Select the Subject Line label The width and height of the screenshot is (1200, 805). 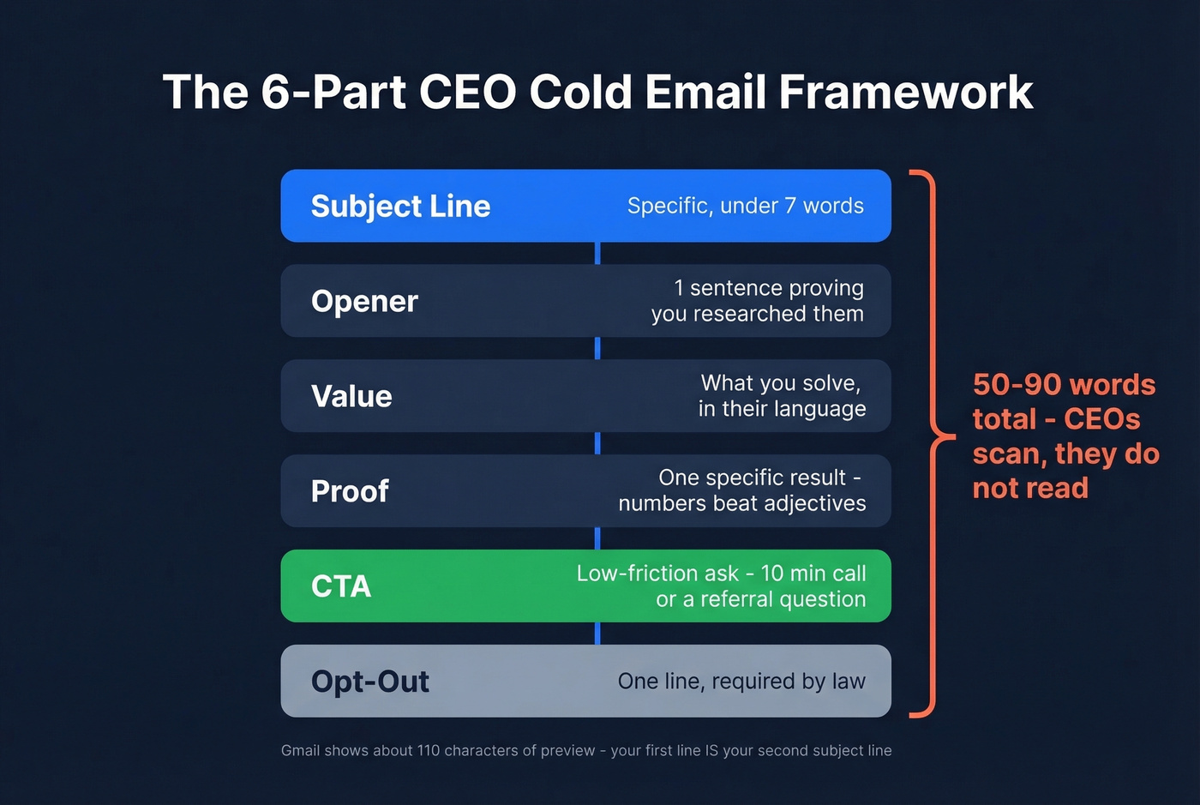(400, 207)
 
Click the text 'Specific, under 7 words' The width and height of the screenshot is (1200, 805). (745, 206)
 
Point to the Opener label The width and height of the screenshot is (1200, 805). (364, 302)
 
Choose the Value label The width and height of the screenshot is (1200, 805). (351, 397)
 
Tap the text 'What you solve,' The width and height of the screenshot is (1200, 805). (780, 383)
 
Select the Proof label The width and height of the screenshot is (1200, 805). (350, 491)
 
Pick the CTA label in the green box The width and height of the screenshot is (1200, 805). (341, 586)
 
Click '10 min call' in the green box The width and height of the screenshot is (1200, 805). (813, 574)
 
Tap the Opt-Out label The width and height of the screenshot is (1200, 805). (370, 682)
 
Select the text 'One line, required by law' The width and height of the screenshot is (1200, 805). (741, 682)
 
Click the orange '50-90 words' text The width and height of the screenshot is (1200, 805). (1064, 385)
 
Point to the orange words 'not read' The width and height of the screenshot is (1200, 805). (1030, 488)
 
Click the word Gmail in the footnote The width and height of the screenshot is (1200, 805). (300, 751)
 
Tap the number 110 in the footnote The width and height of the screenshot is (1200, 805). (428, 751)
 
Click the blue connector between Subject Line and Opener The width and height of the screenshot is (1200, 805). (597, 253)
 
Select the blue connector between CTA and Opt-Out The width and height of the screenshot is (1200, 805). (597, 634)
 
